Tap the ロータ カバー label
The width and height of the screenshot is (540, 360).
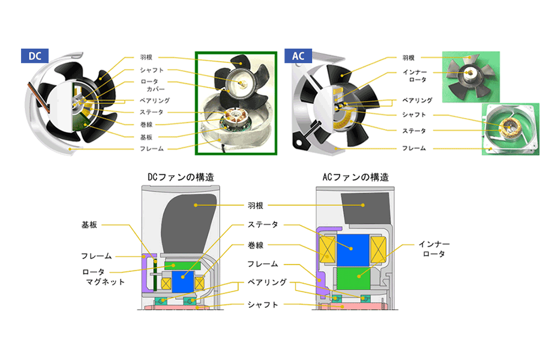tap(148, 85)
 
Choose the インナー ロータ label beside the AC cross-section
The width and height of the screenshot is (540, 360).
tap(434, 249)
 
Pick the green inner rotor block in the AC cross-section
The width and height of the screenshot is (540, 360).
tap(354, 278)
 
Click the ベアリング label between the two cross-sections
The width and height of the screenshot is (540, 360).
tap(266, 281)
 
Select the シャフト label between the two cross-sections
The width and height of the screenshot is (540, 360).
tap(263, 305)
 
